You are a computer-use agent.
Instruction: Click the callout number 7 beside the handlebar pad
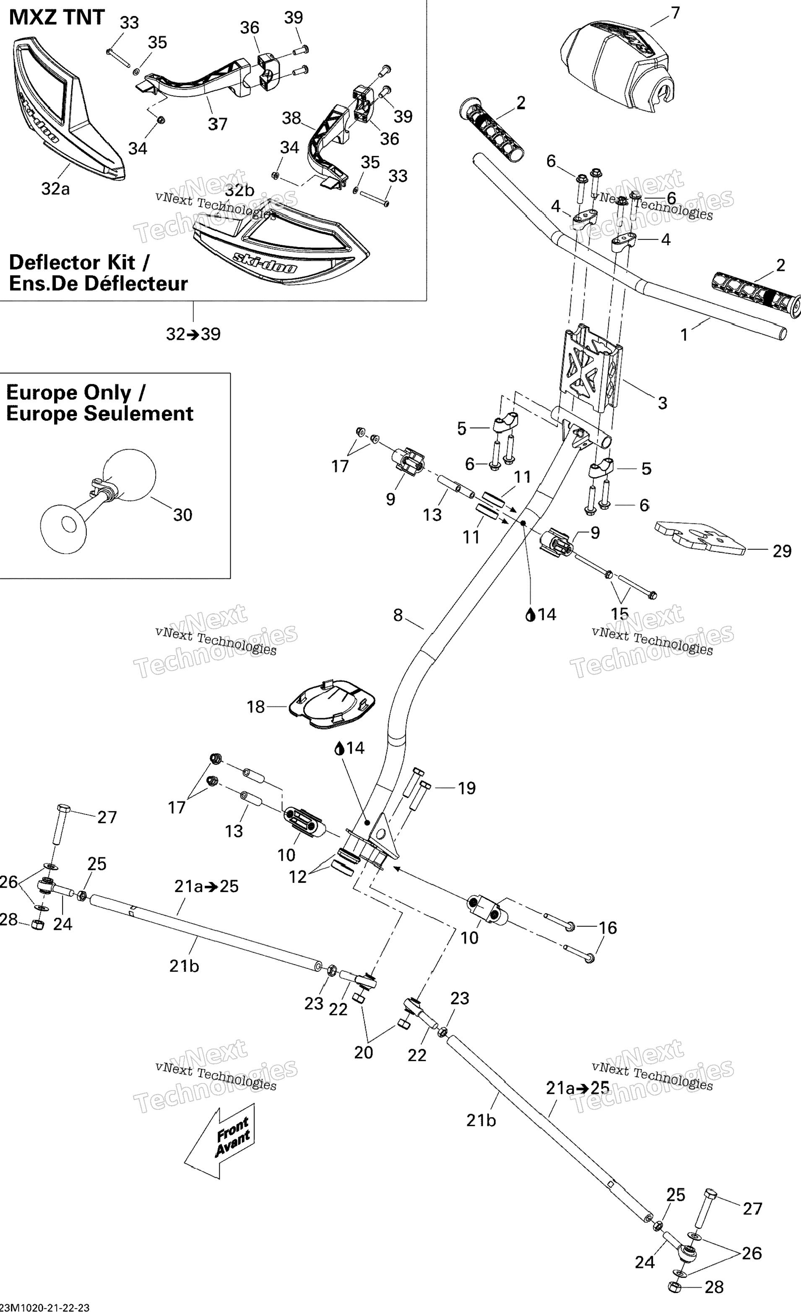point(675,13)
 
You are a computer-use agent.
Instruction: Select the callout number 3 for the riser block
point(662,403)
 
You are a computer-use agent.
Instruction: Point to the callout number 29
point(782,551)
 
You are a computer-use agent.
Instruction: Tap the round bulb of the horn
point(129,474)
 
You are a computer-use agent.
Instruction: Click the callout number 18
point(255,707)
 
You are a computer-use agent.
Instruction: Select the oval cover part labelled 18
point(333,703)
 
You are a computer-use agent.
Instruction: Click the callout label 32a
point(55,188)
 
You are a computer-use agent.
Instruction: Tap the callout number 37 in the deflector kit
point(217,124)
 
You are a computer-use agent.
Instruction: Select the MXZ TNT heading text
point(57,18)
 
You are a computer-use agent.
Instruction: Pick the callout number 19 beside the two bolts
point(466,788)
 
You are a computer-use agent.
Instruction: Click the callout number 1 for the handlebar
point(684,335)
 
